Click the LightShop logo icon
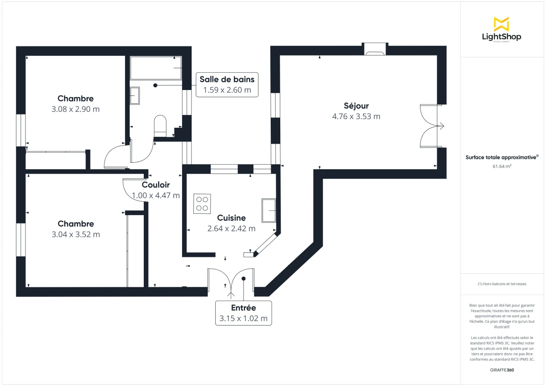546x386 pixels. pyautogui.click(x=501, y=24)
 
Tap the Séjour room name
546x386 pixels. pyautogui.click(x=356, y=106)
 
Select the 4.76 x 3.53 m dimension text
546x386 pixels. pyautogui.click(x=356, y=116)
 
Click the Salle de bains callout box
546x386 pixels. pyautogui.click(x=227, y=85)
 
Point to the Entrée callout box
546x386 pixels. pyautogui.click(x=243, y=313)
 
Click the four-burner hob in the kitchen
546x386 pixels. pyautogui.click(x=202, y=203)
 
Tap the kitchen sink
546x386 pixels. pyautogui.click(x=268, y=210)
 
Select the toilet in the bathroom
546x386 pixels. pyautogui.click(x=161, y=125)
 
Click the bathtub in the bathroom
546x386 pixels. pyautogui.click(x=156, y=68)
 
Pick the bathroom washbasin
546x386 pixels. pyautogui.click(x=135, y=95)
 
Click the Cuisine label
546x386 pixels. pyautogui.click(x=231, y=218)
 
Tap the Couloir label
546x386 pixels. pyautogui.click(x=156, y=185)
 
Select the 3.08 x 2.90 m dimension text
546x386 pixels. pyautogui.click(x=76, y=109)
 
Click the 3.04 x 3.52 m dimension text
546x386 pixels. pyautogui.click(x=76, y=235)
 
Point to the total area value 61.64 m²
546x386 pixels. pyautogui.click(x=502, y=166)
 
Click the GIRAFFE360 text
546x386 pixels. pyautogui.click(x=502, y=370)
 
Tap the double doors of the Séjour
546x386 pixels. pyautogui.click(x=430, y=126)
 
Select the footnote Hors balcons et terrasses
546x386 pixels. pyautogui.click(x=502, y=284)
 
